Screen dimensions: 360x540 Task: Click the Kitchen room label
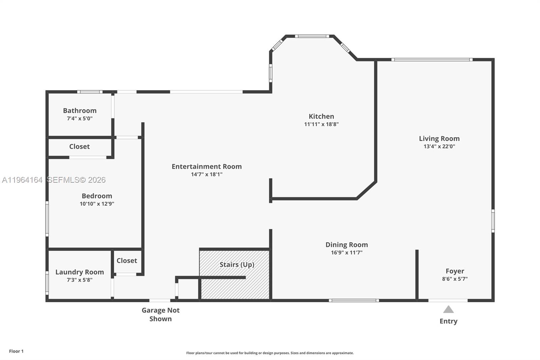point(321,117)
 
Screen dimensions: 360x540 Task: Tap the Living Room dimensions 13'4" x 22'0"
point(439,147)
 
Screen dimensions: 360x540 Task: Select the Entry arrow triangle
point(448,309)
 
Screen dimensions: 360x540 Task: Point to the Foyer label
point(455,271)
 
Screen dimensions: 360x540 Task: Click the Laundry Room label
point(80,272)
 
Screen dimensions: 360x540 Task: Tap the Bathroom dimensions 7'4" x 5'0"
point(80,119)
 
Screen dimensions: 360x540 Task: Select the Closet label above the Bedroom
point(79,147)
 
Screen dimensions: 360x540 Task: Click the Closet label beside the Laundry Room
point(127,261)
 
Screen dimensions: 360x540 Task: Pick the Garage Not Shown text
point(160,314)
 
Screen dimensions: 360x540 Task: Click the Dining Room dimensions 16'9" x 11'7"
point(347,253)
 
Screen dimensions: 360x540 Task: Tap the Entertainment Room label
point(207,166)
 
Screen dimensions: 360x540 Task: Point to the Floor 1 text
point(16,351)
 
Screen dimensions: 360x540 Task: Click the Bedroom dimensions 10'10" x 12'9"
point(97,204)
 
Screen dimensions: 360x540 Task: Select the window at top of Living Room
point(432,60)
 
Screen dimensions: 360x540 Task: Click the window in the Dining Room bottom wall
point(354,300)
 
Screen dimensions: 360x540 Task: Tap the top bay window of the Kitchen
point(312,36)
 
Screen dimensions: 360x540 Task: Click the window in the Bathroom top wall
point(89,92)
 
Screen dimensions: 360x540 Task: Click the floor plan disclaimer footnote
point(270,353)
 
